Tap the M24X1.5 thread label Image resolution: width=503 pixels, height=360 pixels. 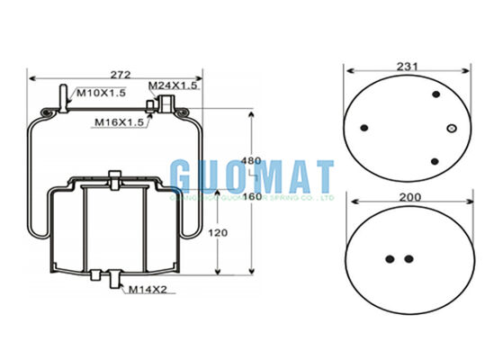point(173,85)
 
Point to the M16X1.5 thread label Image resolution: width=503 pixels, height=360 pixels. point(121,121)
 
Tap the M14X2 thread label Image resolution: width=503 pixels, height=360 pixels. point(146,289)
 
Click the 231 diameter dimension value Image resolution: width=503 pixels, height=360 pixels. point(408,66)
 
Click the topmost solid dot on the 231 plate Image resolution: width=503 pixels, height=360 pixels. point(436,94)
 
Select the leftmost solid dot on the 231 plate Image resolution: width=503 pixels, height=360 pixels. point(364,127)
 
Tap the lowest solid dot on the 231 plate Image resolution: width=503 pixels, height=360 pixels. point(435,161)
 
